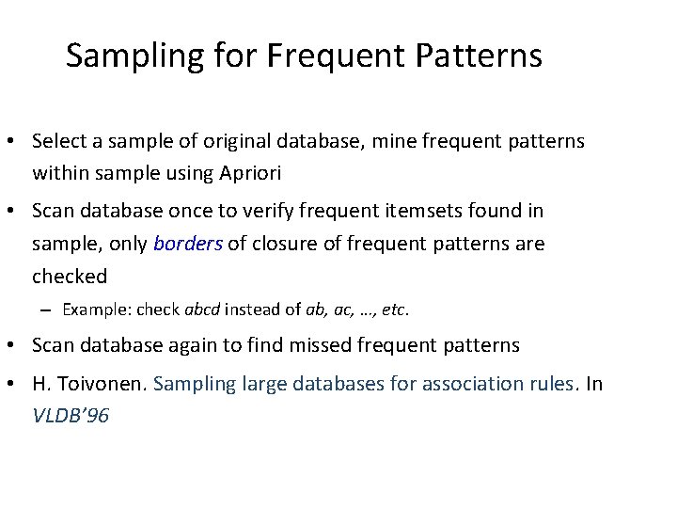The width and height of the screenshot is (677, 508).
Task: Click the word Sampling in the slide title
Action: point(121,56)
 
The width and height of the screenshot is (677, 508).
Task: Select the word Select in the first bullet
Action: point(58,141)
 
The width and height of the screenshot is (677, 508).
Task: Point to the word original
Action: point(242,141)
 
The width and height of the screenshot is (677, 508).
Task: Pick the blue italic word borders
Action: point(188,244)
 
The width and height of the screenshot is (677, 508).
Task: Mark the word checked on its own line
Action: point(70,276)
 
